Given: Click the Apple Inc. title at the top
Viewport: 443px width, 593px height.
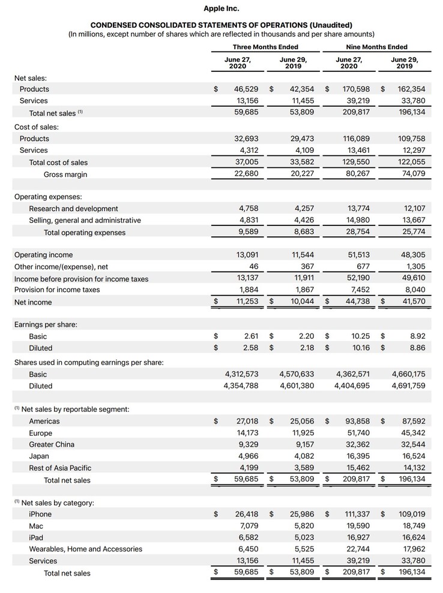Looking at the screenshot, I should (221, 8).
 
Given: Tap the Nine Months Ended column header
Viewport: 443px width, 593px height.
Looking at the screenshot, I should (376, 47).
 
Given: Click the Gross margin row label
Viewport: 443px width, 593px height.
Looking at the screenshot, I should (65, 174).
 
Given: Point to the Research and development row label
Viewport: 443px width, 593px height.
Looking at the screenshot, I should (73, 209).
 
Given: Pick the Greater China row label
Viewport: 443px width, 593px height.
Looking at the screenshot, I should (52, 444).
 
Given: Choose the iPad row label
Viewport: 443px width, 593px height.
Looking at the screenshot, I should (36, 538).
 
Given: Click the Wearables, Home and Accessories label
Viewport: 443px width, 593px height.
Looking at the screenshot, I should (85, 549).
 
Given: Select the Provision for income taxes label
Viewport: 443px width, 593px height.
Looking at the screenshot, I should (57, 290).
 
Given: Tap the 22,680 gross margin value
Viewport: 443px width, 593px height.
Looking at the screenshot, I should (245, 174).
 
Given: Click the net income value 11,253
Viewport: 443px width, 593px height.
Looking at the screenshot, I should (245, 302).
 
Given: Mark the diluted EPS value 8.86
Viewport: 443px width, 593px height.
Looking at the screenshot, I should (416, 348).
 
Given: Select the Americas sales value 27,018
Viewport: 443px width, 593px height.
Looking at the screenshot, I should (245, 422).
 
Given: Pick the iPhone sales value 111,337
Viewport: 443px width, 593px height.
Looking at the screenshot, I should (356, 514).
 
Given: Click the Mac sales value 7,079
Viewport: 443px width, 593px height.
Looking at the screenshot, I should (247, 526).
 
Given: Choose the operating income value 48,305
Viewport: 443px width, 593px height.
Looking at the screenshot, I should (412, 255).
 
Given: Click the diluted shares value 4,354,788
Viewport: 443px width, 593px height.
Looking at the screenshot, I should (240, 386).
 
